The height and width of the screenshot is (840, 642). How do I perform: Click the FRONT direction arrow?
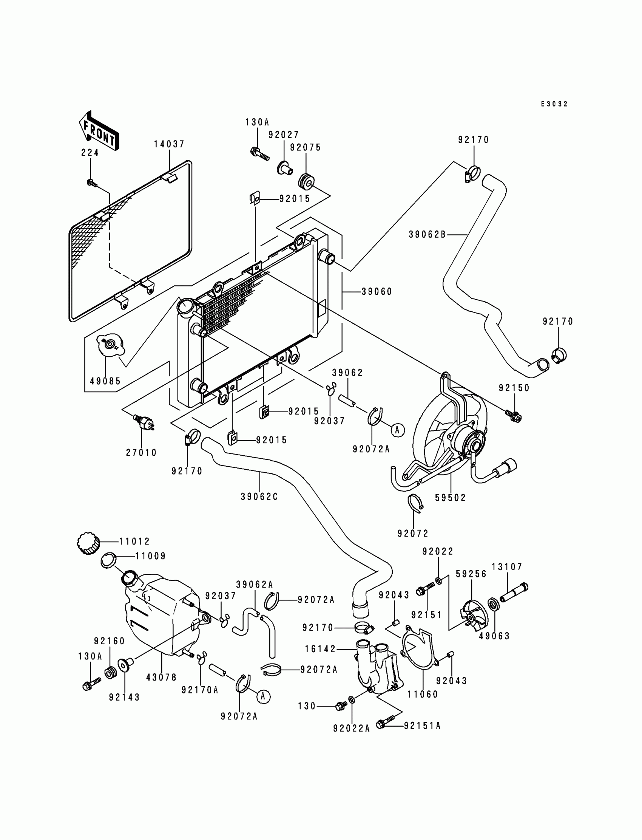click(99, 131)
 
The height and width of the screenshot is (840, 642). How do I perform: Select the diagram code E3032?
click(554, 104)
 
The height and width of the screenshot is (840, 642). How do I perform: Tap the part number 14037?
click(169, 144)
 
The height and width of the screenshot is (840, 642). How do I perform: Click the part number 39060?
click(377, 292)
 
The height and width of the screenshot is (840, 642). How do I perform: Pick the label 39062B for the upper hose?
click(427, 234)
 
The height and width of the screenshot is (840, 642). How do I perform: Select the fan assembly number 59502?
click(451, 498)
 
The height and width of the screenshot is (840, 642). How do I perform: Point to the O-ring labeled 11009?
click(109, 561)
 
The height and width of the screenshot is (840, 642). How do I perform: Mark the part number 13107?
click(507, 567)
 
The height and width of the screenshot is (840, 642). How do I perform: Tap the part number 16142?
click(320, 649)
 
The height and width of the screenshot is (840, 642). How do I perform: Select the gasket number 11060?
click(423, 694)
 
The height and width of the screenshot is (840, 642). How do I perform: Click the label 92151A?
click(422, 726)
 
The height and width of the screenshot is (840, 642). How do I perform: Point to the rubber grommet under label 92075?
click(306, 182)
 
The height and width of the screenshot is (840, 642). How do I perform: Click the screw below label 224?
click(91, 183)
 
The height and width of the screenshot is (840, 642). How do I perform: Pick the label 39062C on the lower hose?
click(259, 497)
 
